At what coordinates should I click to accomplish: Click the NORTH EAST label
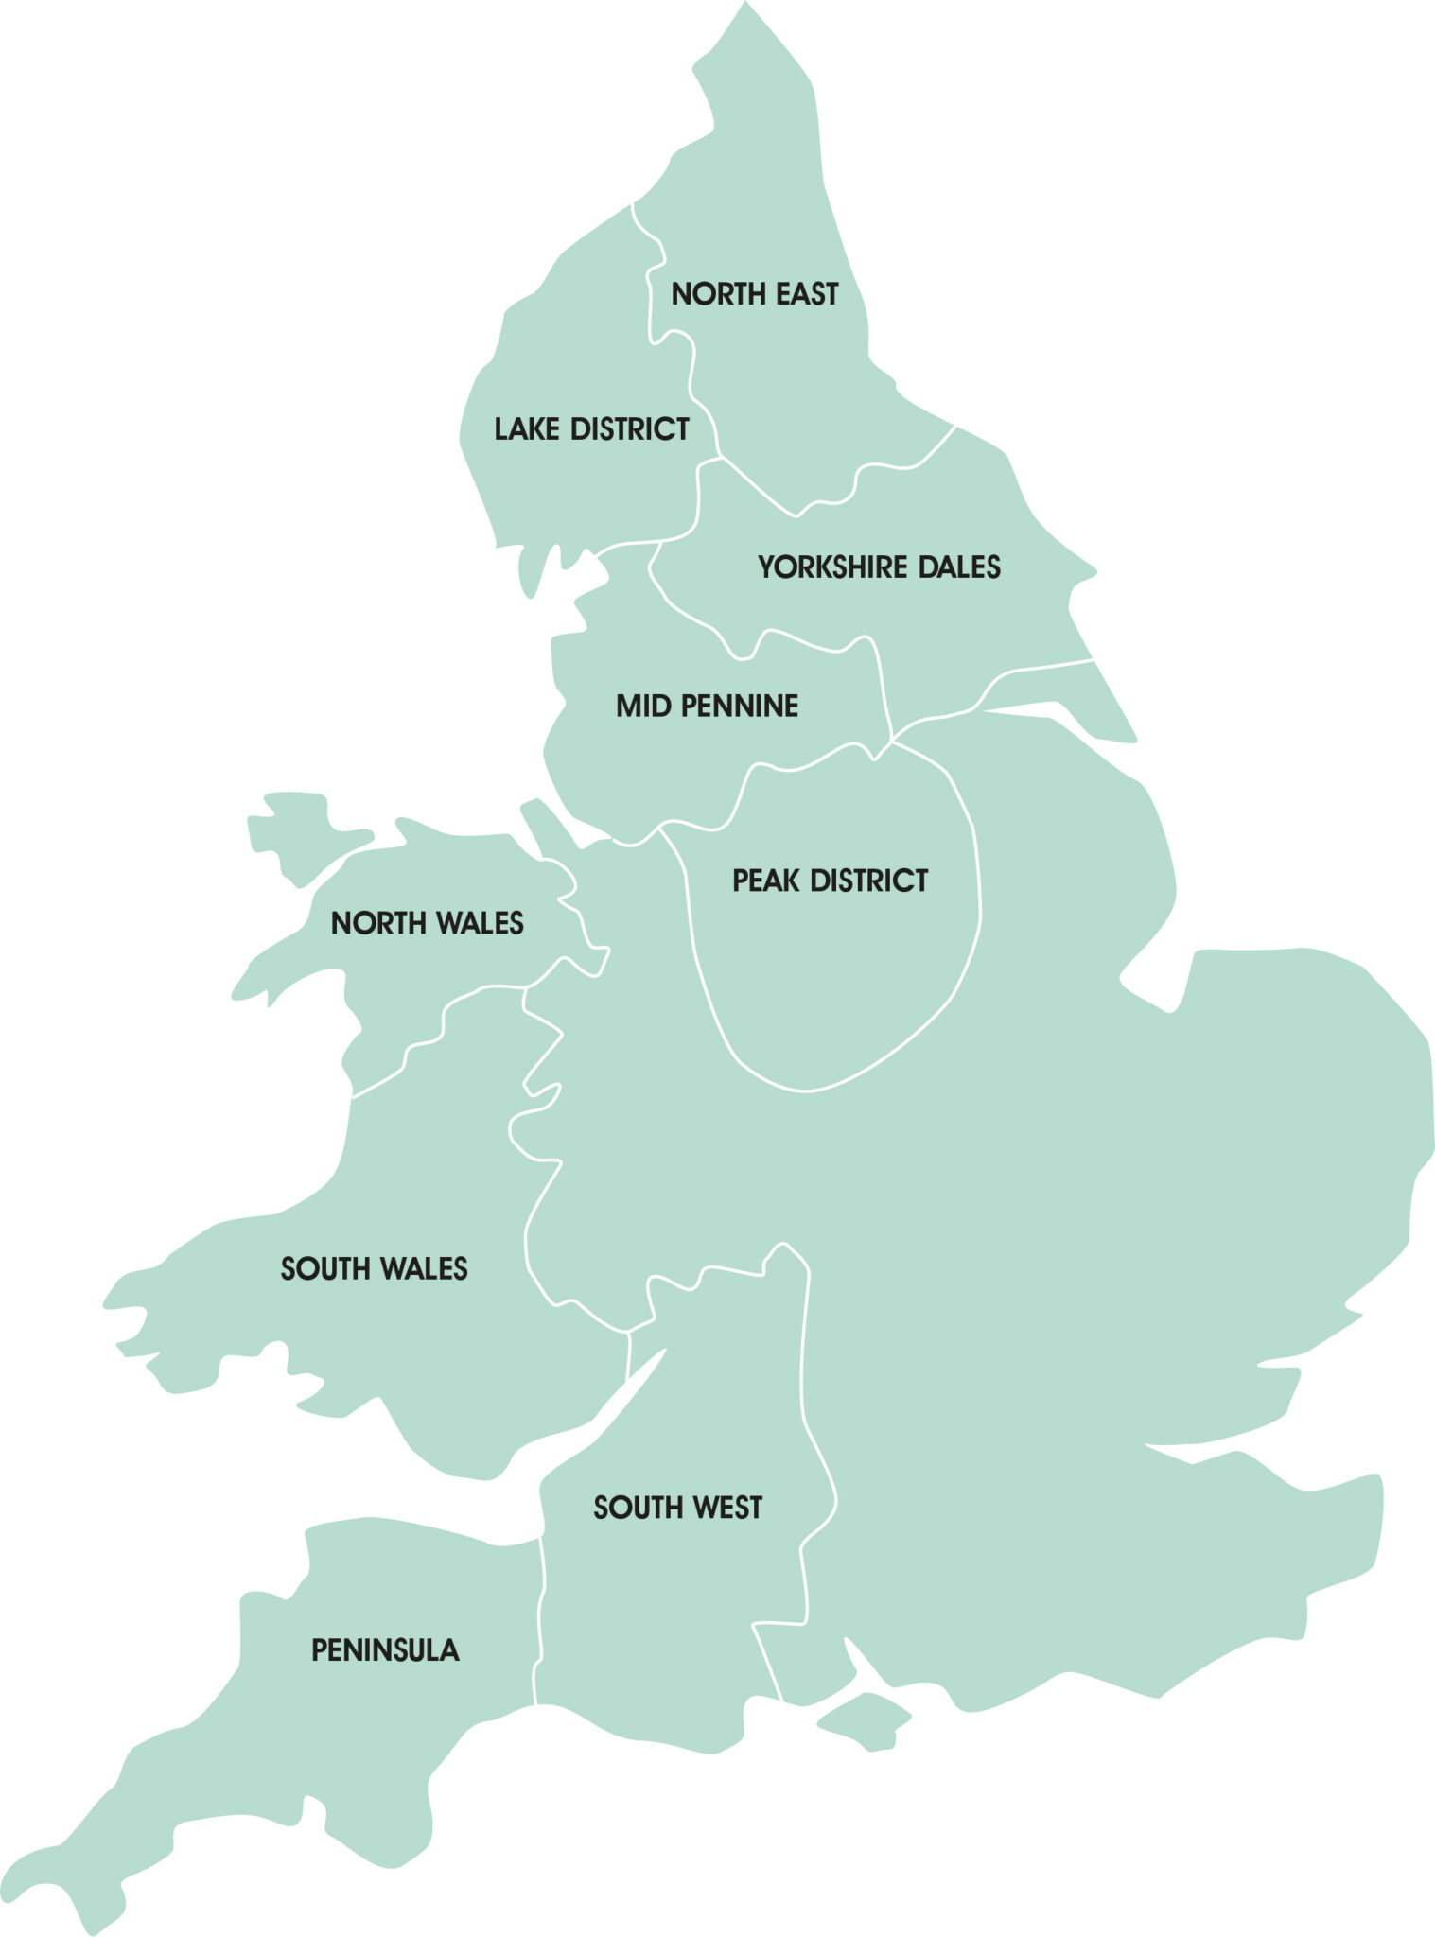point(754,294)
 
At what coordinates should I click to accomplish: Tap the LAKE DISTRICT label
point(591,429)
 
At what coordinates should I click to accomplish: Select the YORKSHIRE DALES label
point(879,567)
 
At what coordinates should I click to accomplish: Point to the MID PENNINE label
point(707,706)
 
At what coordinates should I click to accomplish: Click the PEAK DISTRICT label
point(830,881)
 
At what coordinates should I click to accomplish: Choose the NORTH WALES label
point(427,923)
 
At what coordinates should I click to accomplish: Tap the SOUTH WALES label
point(374,1268)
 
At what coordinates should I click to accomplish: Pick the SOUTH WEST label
point(677,1508)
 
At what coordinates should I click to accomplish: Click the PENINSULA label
point(385,1650)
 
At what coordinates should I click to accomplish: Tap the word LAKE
point(527,429)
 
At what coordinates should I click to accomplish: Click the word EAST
point(807,294)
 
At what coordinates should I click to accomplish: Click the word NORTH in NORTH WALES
point(371,923)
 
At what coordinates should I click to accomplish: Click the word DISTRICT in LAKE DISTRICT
point(630,429)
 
